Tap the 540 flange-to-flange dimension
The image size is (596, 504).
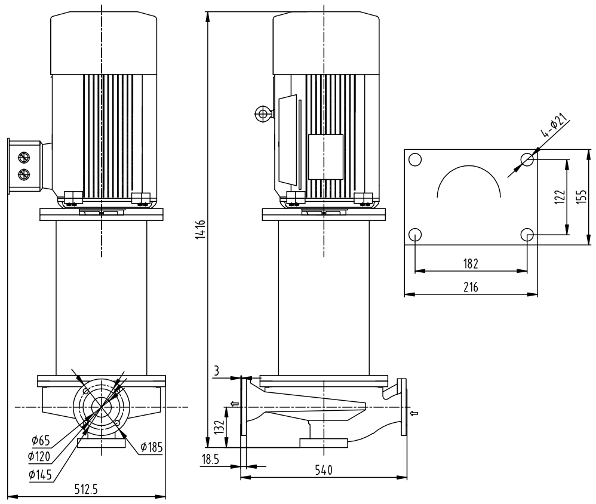click(x=323, y=470)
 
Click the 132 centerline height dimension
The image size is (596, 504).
click(x=219, y=426)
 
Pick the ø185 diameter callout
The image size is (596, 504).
click(x=152, y=447)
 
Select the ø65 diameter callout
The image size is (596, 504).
click(x=41, y=441)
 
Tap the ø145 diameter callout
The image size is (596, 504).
click(x=41, y=475)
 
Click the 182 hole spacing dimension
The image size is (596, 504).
click(x=470, y=263)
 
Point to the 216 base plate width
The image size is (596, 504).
click(x=471, y=287)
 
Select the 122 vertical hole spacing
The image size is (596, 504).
click(x=559, y=197)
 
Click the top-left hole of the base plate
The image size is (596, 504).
click(x=415, y=159)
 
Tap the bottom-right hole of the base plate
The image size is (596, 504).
click(x=527, y=235)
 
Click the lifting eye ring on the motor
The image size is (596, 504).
click(x=261, y=113)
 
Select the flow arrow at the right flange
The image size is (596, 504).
click(x=414, y=413)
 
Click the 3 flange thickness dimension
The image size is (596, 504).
click(x=217, y=372)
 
